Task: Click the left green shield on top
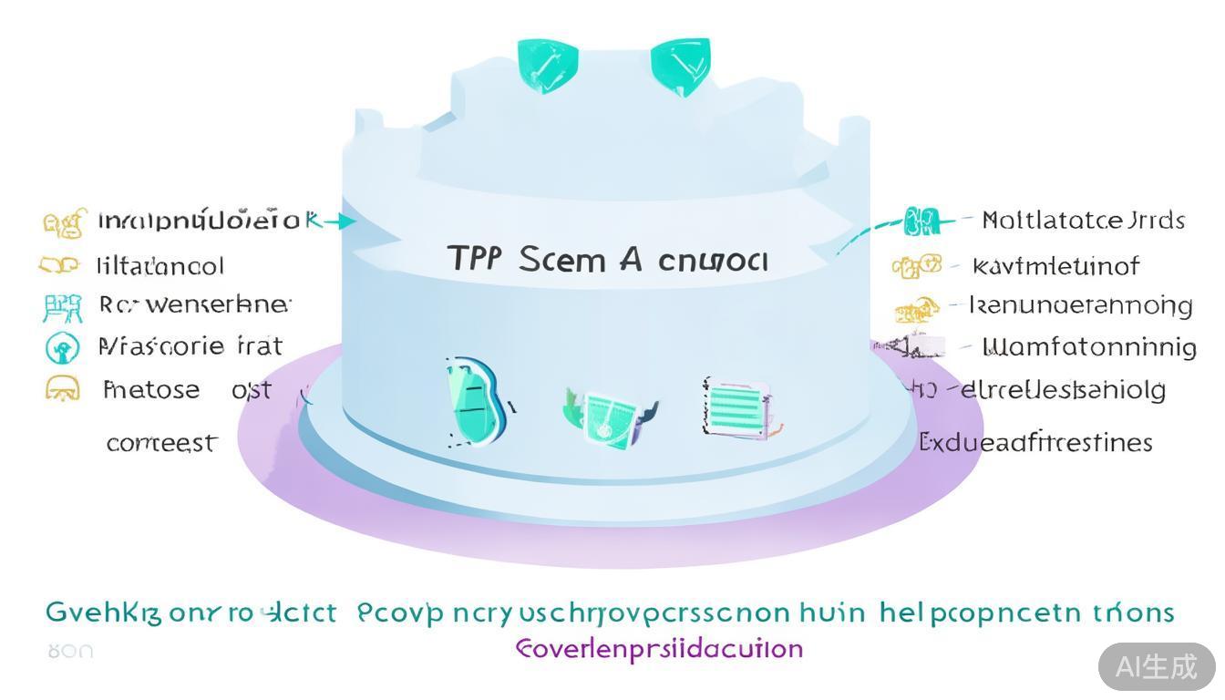(546, 65)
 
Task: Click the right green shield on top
(680, 66)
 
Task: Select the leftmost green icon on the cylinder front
(475, 401)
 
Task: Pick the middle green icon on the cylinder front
(608, 415)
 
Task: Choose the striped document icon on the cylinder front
(739, 407)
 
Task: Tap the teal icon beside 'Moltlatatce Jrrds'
(921, 221)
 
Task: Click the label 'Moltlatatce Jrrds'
(1083, 221)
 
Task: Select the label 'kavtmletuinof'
(1055, 266)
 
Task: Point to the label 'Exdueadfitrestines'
(1035, 443)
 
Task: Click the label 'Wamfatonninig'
(1088, 347)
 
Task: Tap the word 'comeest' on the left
(162, 443)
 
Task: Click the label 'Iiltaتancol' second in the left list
(160, 266)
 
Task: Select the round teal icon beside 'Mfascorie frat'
(62, 347)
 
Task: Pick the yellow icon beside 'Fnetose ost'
(62, 390)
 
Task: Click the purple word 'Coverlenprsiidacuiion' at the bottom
(659, 649)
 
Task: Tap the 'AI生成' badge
(1156, 666)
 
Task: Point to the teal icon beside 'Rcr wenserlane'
(62, 307)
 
